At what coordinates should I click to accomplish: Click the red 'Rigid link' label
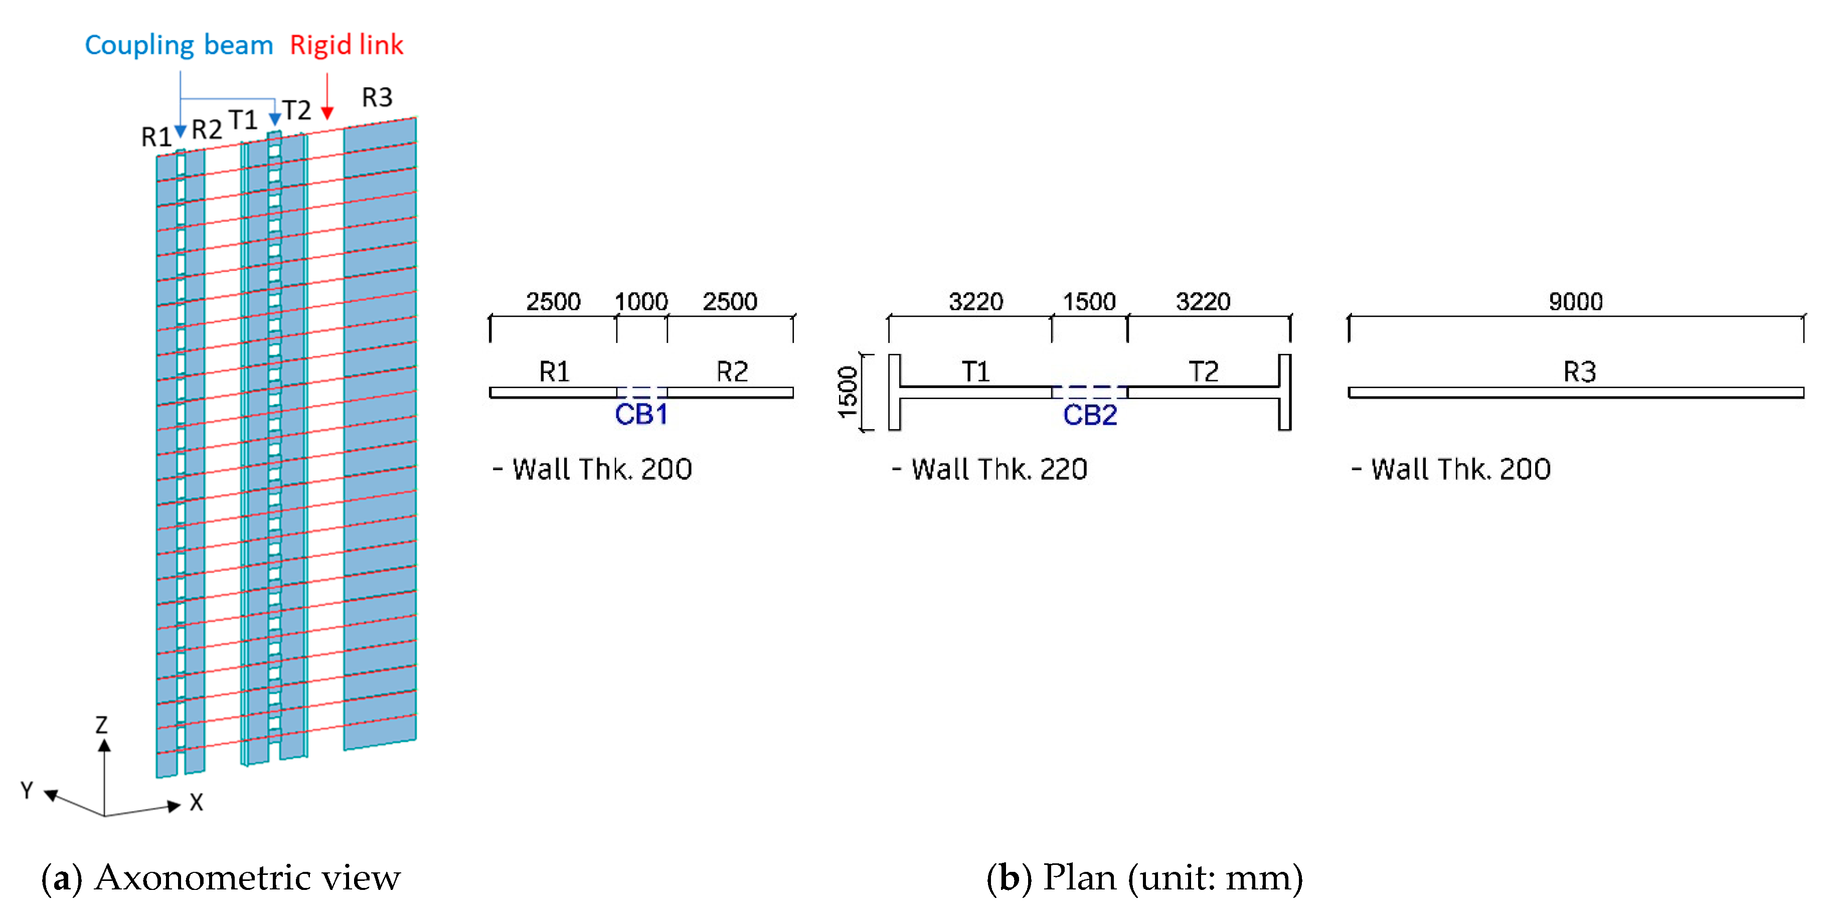click(347, 45)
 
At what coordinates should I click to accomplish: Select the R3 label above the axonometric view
click(377, 97)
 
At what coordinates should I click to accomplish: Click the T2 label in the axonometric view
click(297, 110)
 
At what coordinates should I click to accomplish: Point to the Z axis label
click(102, 724)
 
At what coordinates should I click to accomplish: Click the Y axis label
click(27, 790)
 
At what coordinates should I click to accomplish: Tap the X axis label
click(197, 802)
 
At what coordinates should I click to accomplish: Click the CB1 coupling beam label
click(641, 414)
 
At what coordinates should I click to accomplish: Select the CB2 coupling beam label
click(1089, 415)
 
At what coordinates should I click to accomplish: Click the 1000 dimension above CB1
click(641, 301)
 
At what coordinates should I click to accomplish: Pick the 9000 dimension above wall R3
click(1575, 301)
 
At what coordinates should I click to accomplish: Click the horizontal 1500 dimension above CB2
click(1089, 301)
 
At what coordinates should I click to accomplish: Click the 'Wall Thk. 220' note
click(990, 469)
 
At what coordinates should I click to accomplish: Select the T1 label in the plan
click(975, 371)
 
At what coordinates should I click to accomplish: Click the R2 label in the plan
click(732, 371)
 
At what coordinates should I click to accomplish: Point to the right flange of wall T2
click(1284, 392)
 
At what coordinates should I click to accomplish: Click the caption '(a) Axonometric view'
click(221, 877)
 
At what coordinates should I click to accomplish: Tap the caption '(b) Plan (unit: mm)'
click(1144, 877)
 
